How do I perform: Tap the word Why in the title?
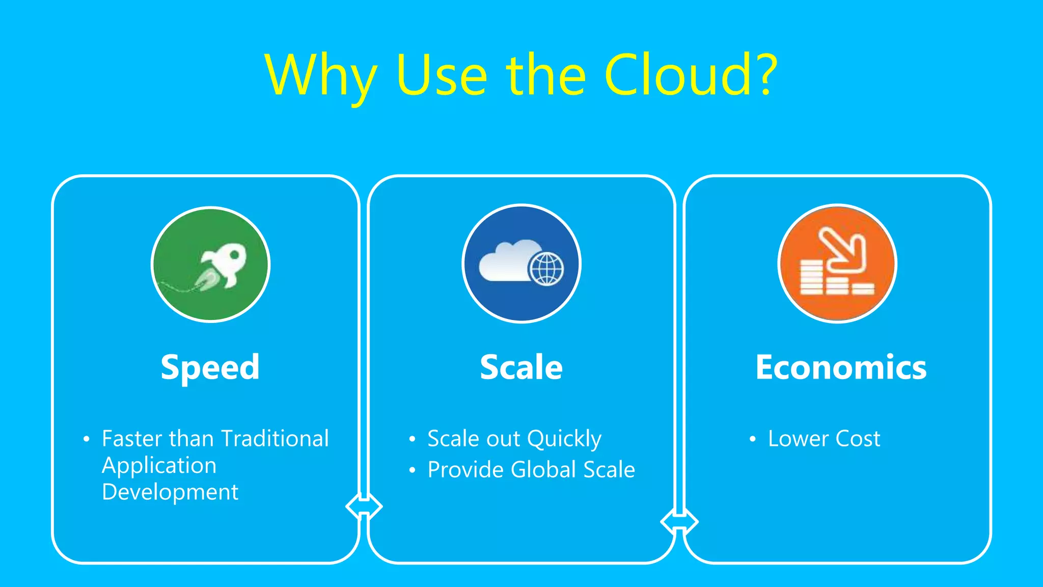(321, 76)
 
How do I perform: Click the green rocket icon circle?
(211, 264)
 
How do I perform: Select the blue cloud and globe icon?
(521, 264)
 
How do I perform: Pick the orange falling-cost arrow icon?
(837, 264)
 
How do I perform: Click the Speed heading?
(210, 367)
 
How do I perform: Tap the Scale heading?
(521, 367)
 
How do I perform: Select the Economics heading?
(841, 367)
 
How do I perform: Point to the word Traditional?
(275, 439)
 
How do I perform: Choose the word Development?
(170, 492)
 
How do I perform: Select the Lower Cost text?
(824, 439)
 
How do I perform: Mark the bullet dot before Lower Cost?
(752, 439)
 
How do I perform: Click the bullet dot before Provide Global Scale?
(412, 470)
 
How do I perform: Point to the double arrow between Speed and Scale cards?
(364, 506)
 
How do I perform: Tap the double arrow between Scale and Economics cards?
(679, 522)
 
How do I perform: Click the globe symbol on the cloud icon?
(546, 269)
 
